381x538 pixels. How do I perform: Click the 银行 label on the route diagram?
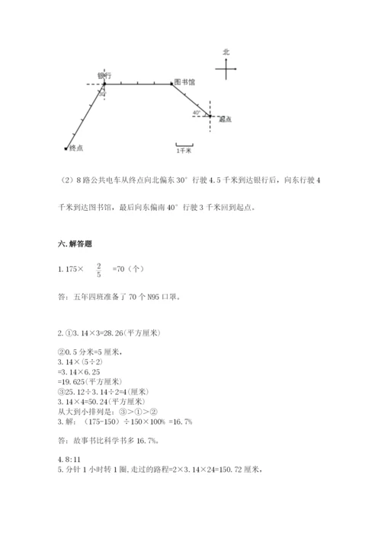[x=105, y=75]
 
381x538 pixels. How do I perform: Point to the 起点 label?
[x=224, y=119]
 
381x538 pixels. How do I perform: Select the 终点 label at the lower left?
[x=76, y=148]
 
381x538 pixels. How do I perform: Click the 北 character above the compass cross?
[x=226, y=52]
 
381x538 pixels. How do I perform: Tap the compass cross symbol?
[x=226, y=69]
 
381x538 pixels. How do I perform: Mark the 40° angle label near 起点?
[x=197, y=112]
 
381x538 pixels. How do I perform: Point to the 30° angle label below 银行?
[x=102, y=94]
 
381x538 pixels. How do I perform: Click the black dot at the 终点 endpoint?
[x=66, y=148]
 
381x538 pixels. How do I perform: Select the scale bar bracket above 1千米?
[x=183, y=144]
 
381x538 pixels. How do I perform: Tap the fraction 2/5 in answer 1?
[x=98, y=269]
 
